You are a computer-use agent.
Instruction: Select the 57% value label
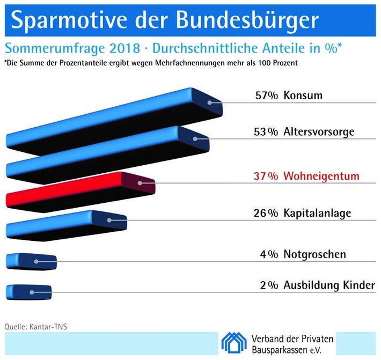(x=267, y=97)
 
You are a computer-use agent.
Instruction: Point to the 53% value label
(x=267, y=132)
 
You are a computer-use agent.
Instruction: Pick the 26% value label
(x=266, y=213)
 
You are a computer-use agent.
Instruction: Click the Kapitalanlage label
(x=317, y=213)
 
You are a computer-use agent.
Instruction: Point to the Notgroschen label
(x=314, y=254)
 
